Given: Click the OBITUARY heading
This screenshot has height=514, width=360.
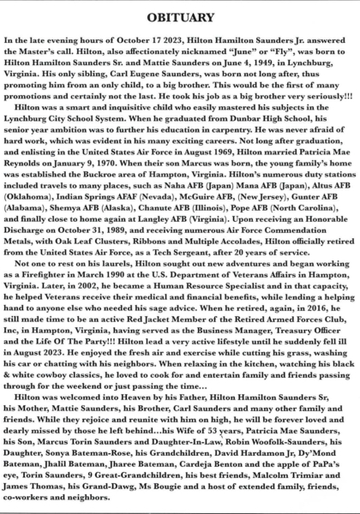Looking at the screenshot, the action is coord(180,16).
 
